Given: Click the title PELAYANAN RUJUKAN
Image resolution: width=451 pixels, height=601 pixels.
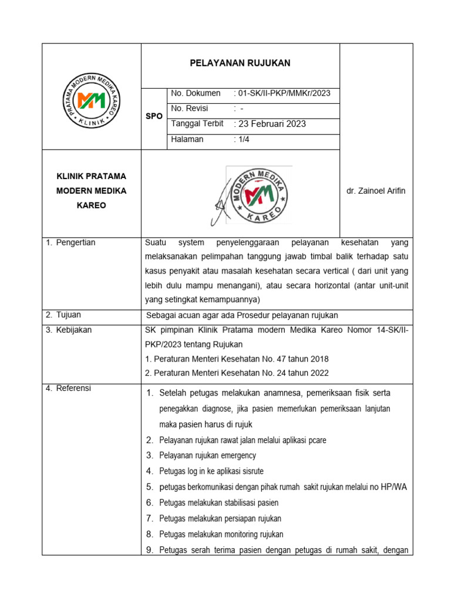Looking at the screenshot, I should (x=240, y=63).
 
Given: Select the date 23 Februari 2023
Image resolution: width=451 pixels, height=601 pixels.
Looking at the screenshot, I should (x=270, y=124).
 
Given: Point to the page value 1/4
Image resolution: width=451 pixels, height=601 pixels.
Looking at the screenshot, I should (x=241, y=139).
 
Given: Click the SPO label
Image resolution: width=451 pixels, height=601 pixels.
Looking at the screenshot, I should (x=154, y=117).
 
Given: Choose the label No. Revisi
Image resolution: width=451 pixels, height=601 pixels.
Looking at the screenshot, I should (x=189, y=109).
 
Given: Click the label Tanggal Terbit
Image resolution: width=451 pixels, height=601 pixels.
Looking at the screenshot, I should (x=197, y=124).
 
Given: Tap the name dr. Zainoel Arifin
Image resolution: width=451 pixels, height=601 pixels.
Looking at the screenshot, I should (x=376, y=191).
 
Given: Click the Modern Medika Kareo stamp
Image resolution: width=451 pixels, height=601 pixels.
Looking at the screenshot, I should (x=259, y=195).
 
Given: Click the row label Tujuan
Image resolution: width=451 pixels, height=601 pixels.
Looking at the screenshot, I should (x=68, y=315).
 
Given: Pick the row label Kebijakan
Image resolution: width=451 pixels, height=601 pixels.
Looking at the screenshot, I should (x=73, y=330).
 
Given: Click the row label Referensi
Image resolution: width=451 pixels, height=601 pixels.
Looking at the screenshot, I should (x=73, y=388).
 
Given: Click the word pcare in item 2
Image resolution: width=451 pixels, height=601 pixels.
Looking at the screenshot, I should (x=316, y=440).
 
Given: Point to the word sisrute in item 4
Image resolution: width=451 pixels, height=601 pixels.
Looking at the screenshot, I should (x=252, y=471).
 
